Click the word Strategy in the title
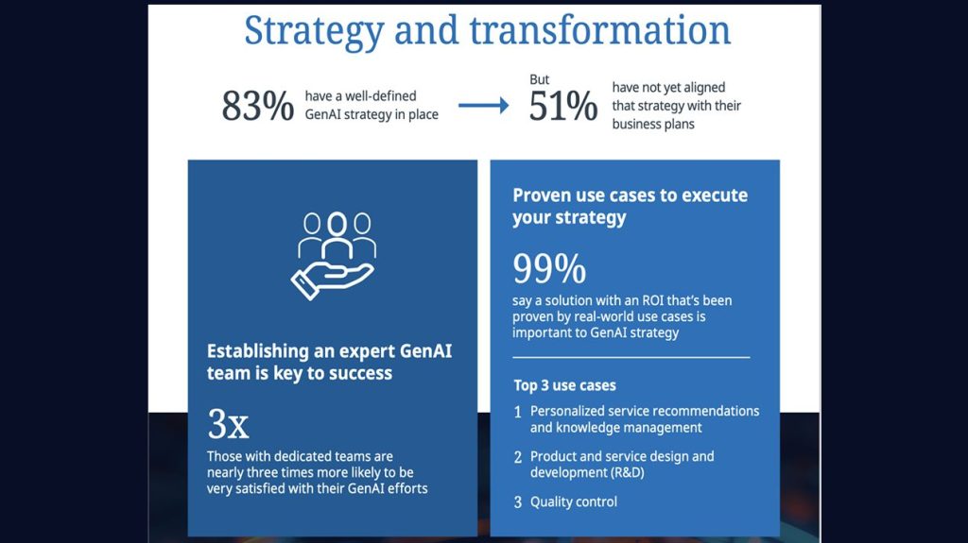[x=314, y=31]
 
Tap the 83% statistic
[x=257, y=106]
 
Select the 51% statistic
[x=563, y=106]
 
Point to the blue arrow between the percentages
[x=483, y=106]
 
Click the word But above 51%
[x=539, y=79]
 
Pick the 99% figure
[x=549, y=268]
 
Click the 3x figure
[x=228, y=424]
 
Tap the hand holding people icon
[x=334, y=256]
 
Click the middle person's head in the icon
[x=337, y=224]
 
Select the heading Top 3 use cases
[x=565, y=385]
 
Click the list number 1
[x=518, y=412]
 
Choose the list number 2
[x=518, y=457]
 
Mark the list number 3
[x=518, y=502]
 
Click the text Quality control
[x=574, y=502]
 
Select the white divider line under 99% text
[x=631, y=357]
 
